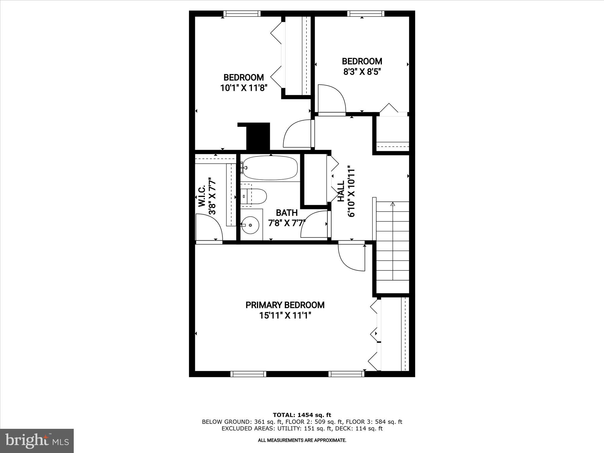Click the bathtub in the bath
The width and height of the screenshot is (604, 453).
pos(270,168)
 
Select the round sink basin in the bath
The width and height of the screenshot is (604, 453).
pos(250,225)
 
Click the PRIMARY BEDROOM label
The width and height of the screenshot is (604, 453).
pos(285,305)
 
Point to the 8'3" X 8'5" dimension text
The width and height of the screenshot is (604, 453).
pos(362,72)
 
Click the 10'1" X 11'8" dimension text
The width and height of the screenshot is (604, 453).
pos(244,88)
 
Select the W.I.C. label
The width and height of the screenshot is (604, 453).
pos(202,196)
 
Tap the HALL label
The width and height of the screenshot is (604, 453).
pos(341,191)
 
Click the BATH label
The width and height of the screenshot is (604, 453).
pos(286,213)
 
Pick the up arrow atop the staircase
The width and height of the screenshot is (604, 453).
pos(392,204)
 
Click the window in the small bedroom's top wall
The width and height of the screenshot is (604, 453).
pos(366,14)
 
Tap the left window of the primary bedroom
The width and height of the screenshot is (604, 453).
pos(248,374)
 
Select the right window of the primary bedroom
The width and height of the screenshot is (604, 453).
pos(346,374)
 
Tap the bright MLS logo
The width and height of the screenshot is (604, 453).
pos(37,441)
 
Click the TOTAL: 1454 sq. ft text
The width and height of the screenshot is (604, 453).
pos(302,415)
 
